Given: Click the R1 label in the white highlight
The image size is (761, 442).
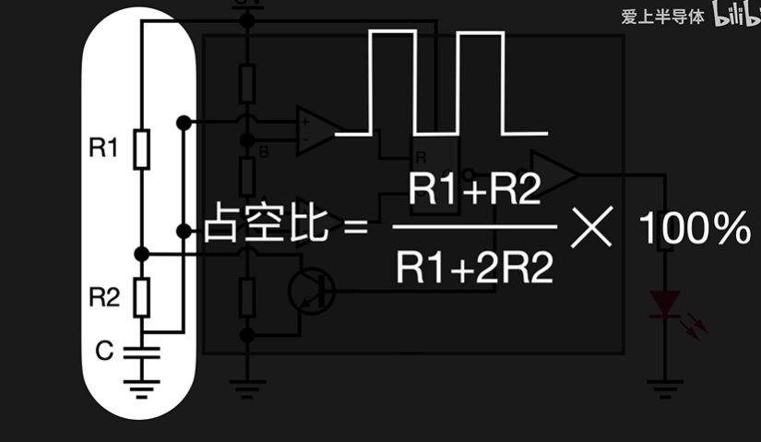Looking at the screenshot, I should [103, 146].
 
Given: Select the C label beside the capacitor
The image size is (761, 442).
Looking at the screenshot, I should [104, 350].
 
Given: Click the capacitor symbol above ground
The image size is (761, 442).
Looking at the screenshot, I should [141, 352].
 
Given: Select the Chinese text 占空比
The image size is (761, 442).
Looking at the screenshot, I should [266, 226].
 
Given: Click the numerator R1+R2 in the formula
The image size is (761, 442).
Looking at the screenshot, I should [476, 191].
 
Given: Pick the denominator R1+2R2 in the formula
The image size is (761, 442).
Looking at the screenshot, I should [476, 268].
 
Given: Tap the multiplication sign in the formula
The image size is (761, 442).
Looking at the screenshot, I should [592, 227].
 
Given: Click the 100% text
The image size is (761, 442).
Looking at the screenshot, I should [694, 229].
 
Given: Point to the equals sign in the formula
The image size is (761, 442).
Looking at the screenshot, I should [356, 227].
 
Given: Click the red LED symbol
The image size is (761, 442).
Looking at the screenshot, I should [665, 305].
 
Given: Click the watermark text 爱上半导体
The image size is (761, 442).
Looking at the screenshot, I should [662, 17].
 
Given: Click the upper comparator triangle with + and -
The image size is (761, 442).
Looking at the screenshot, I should [315, 130].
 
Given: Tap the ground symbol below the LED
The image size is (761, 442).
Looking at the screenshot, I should [664, 386].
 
